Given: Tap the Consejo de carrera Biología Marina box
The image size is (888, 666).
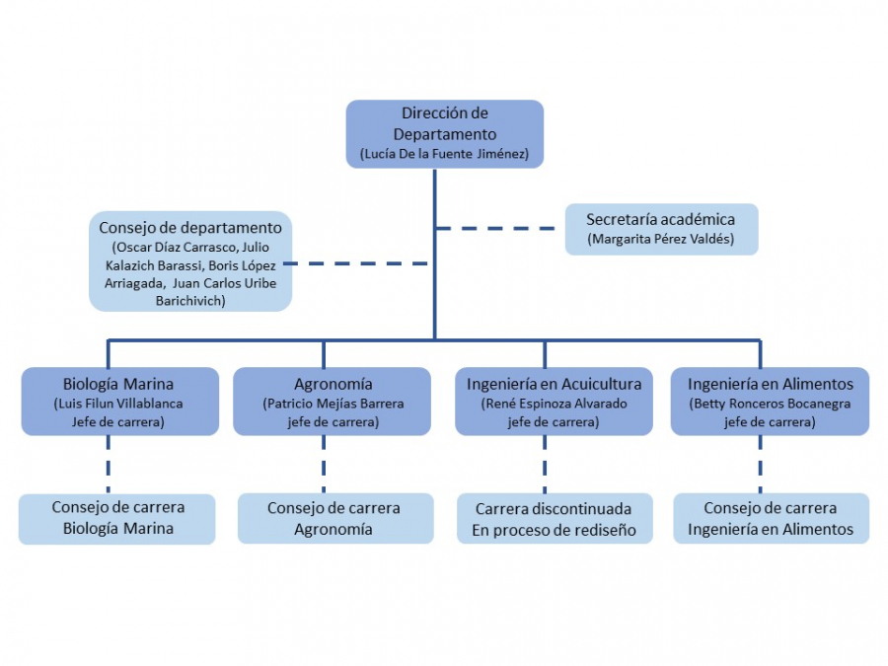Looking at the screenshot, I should click(x=117, y=518).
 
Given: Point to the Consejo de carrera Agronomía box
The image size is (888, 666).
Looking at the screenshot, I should click(x=334, y=518).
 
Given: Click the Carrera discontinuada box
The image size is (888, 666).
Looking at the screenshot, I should click(x=554, y=519).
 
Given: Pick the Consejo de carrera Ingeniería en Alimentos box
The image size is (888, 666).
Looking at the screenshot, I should click(x=771, y=518).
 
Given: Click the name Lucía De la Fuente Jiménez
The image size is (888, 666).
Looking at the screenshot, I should click(x=445, y=154).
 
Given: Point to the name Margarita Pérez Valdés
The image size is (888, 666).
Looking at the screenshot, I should click(x=661, y=239).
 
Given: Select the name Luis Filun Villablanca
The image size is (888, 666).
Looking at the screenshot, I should click(x=118, y=404).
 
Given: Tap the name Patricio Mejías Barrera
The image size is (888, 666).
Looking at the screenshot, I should click(x=333, y=404).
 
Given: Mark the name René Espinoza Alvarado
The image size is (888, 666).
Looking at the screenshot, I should click(x=554, y=404).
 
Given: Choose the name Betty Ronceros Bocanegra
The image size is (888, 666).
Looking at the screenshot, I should click(x=771, y=404).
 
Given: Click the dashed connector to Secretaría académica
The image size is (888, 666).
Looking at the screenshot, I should click(x=499, y=229).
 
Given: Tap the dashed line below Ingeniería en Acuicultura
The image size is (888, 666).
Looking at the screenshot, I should click(x=545, y=464).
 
